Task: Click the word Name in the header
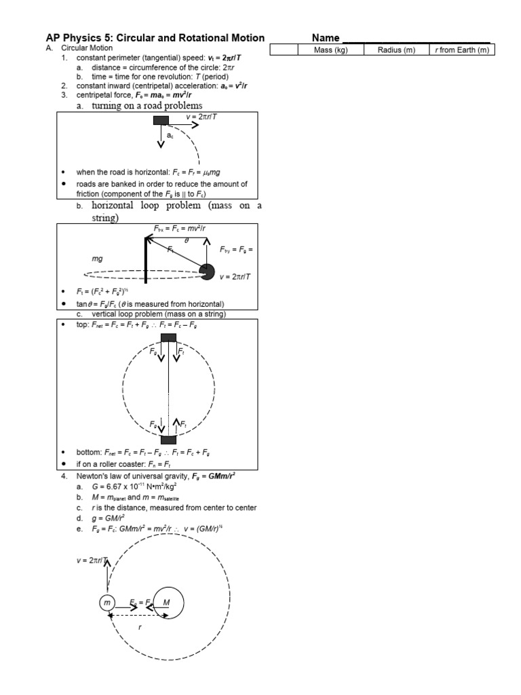326,38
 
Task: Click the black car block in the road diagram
161,121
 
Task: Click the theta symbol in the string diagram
187,240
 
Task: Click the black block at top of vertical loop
168,337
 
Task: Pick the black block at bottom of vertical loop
168,439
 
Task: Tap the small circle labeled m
107,602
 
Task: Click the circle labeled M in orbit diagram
167,602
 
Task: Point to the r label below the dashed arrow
140,627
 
